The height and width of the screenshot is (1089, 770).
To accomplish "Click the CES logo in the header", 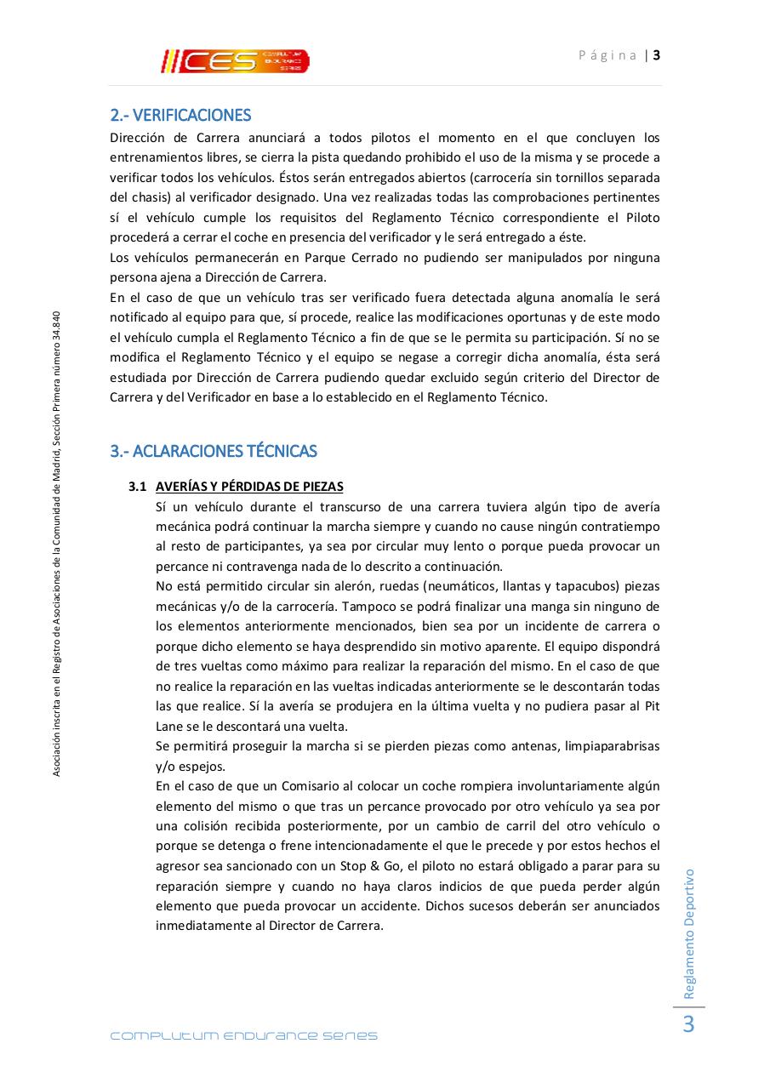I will point(235,61).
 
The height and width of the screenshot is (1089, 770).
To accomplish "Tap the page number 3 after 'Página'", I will point(657,55).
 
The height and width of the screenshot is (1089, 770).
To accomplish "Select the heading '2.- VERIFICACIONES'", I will point(180,115).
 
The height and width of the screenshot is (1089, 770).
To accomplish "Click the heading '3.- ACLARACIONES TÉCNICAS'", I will point(214,451).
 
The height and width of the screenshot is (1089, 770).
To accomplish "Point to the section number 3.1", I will point(138,487).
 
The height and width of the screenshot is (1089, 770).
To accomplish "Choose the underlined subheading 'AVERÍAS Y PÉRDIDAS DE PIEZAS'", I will point(249,487).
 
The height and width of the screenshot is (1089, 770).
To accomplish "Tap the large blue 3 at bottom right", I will point(688,1025).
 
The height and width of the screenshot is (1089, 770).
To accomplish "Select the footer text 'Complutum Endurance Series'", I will point(244,1035).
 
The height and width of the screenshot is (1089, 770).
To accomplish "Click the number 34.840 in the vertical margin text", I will point(56,328).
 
